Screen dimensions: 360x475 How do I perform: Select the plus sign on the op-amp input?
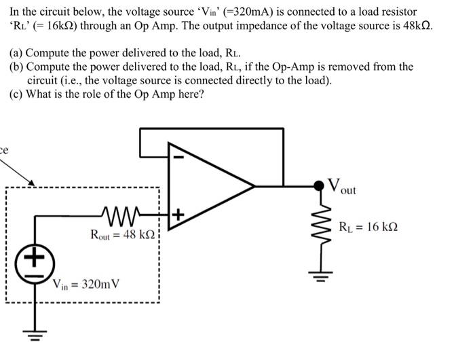click(178, 216)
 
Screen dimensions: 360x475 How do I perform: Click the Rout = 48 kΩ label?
click(122, 235)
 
